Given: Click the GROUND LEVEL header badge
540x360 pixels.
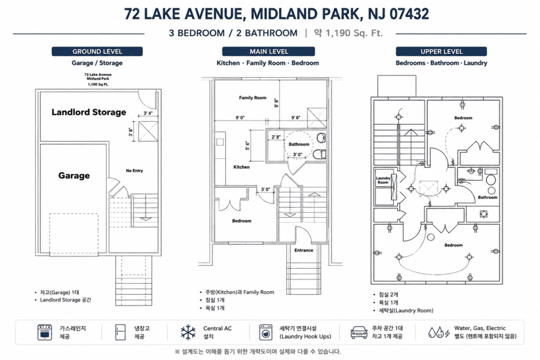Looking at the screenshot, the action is pos(97,51).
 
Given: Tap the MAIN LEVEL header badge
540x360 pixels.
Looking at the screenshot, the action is pos(268,51).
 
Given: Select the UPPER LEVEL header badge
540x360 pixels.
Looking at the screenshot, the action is pos(441,51).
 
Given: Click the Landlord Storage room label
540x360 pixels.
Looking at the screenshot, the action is pos(89,112).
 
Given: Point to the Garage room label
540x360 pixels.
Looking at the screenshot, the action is pos(74,176).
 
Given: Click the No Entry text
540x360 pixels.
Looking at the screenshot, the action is pos(134,171).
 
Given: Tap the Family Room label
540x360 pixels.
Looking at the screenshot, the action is pos(253,98).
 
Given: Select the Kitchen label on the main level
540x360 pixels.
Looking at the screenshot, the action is pos(242,167).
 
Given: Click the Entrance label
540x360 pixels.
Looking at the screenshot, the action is pos(304,250).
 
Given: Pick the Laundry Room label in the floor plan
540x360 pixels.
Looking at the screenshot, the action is pos(383,180).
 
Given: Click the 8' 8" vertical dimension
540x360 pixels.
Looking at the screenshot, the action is pos(276,103).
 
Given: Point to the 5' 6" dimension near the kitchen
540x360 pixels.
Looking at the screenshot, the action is pos(247,145).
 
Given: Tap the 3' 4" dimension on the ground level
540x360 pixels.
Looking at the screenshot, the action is pos(148,113).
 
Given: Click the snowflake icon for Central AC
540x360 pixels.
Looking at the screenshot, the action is pos(188,332).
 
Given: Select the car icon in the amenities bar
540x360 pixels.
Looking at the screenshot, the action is pos(359,333).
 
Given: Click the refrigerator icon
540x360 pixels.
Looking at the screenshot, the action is pos(121,332).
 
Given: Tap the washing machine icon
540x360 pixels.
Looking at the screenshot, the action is pos(266,332).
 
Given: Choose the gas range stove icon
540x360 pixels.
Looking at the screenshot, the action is pos(45,332).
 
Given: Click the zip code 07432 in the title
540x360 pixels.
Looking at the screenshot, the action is pos(409,14).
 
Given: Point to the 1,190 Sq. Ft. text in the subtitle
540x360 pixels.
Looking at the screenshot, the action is pos(354,33).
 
